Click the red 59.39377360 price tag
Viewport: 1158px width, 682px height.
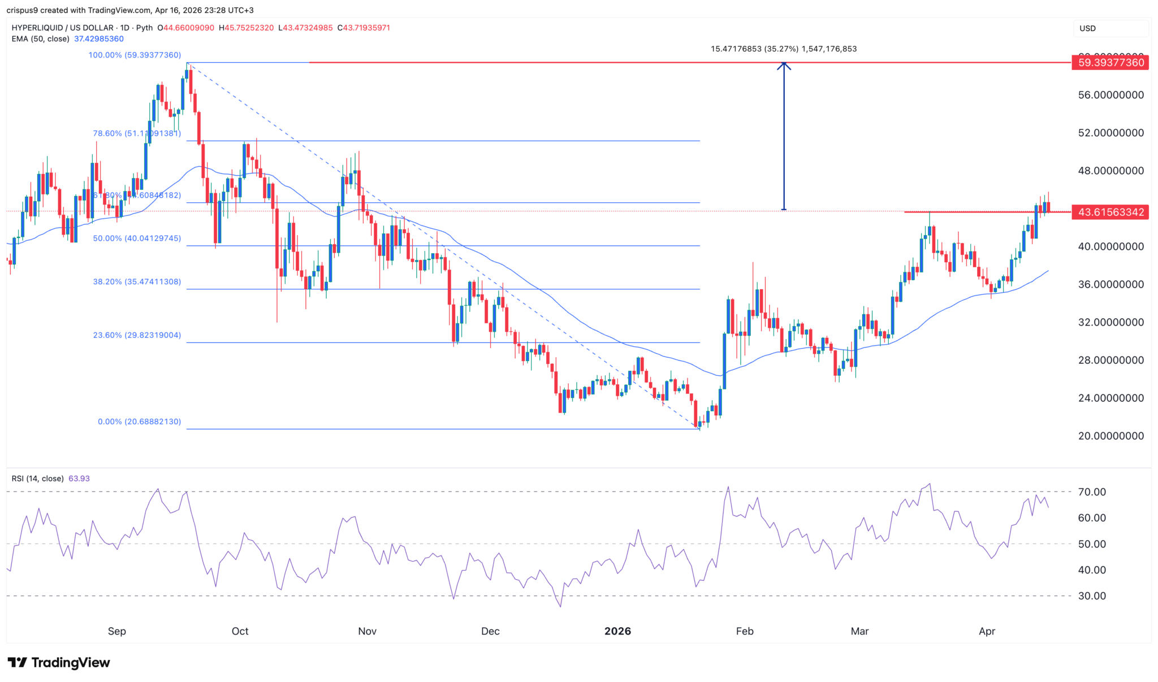click(1111, 63)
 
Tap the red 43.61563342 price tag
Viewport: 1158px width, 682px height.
click(1111, 212)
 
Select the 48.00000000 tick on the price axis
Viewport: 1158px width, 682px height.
click(1111, 171)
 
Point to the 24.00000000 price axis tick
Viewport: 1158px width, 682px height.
click(1111, 398)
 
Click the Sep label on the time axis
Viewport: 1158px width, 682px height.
click(117, 631)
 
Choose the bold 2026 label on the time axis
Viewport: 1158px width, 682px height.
click(617, 631)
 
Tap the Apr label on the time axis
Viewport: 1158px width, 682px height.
click(987, 631)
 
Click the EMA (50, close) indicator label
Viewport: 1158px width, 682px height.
click(41, 39)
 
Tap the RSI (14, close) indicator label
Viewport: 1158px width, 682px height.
click(38, 479)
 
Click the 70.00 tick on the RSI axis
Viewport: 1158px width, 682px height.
click(1092, 492)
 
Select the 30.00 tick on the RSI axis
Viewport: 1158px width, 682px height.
click(1092, 596)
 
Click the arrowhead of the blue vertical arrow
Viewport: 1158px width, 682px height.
click(784, 65)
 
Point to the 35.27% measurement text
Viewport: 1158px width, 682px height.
click(783, 49)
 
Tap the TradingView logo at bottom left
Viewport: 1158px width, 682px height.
click(59, 662)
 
